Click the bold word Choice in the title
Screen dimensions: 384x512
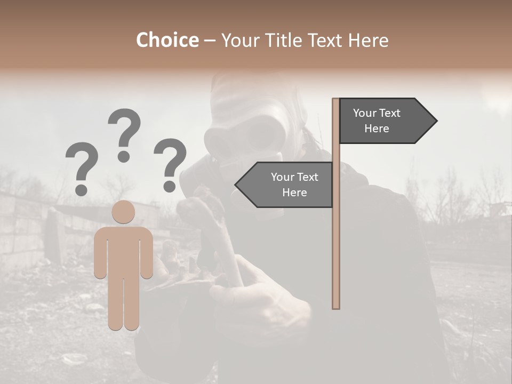(167, 41)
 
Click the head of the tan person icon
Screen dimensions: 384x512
(123, 212)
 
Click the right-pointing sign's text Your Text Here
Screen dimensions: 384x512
(377, 121)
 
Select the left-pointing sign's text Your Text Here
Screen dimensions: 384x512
(294, 185)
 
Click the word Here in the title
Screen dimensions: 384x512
(368, 41)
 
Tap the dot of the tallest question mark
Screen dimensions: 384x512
(124, 156)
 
